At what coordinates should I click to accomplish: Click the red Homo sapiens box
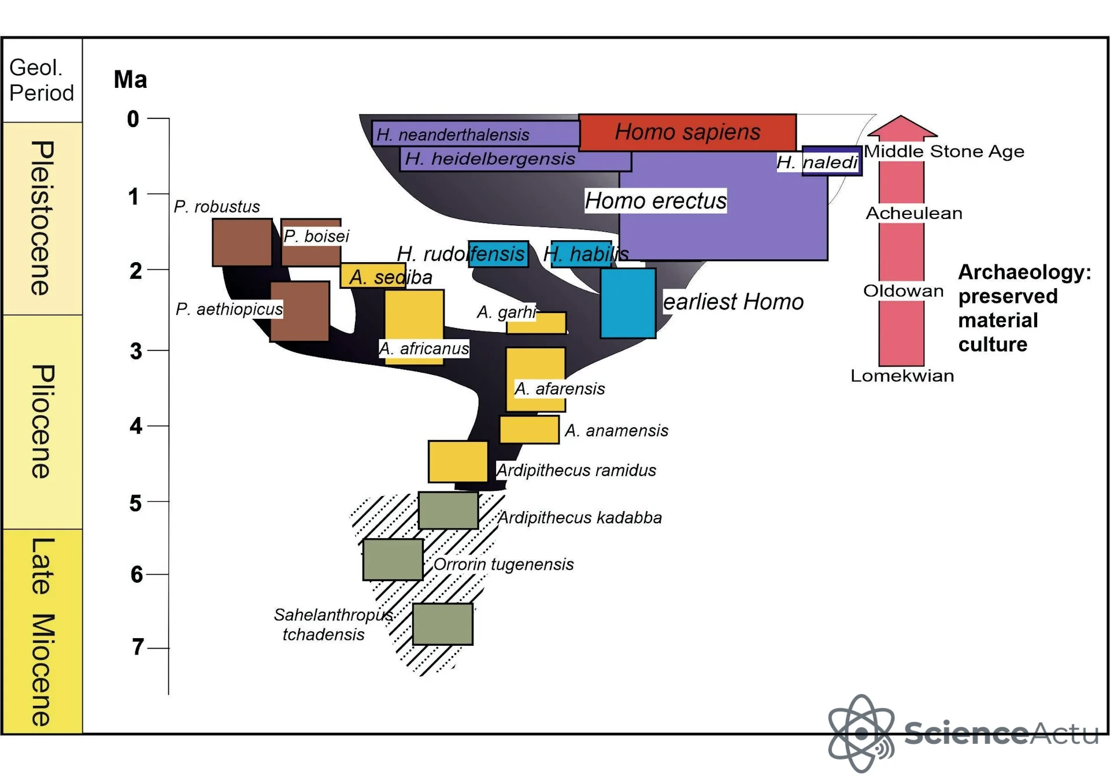[x=687, y=132]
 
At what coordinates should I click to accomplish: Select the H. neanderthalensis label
[x=453, y=135]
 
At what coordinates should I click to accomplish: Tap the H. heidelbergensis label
[x=490, y=158]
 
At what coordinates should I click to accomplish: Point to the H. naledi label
[x=817, y=162]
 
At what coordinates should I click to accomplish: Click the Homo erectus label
[x=656, y=200]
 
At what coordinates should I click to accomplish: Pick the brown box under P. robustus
[x=242, y=242]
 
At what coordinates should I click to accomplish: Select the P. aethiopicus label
[x=230, y=309]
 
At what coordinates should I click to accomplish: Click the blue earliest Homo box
[x=628, y=303]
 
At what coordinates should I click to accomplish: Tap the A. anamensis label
[x=616, y=430]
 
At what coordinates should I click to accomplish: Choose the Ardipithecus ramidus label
[x=576, y=470]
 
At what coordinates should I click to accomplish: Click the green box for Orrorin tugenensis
[x=393, y=560]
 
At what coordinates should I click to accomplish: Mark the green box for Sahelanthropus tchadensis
[x=443, y=624]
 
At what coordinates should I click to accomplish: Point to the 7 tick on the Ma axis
[x=158, y=648]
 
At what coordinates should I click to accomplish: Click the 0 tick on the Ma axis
[x=158, y=118]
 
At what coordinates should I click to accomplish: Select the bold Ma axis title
[x=131, y=80]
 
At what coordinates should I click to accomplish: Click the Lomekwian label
[x=902, y=376]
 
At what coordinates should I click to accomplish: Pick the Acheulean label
[x=914, y=213]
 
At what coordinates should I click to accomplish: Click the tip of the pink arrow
[x=902, y=116]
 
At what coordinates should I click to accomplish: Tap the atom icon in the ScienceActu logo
[x=861, y=733]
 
